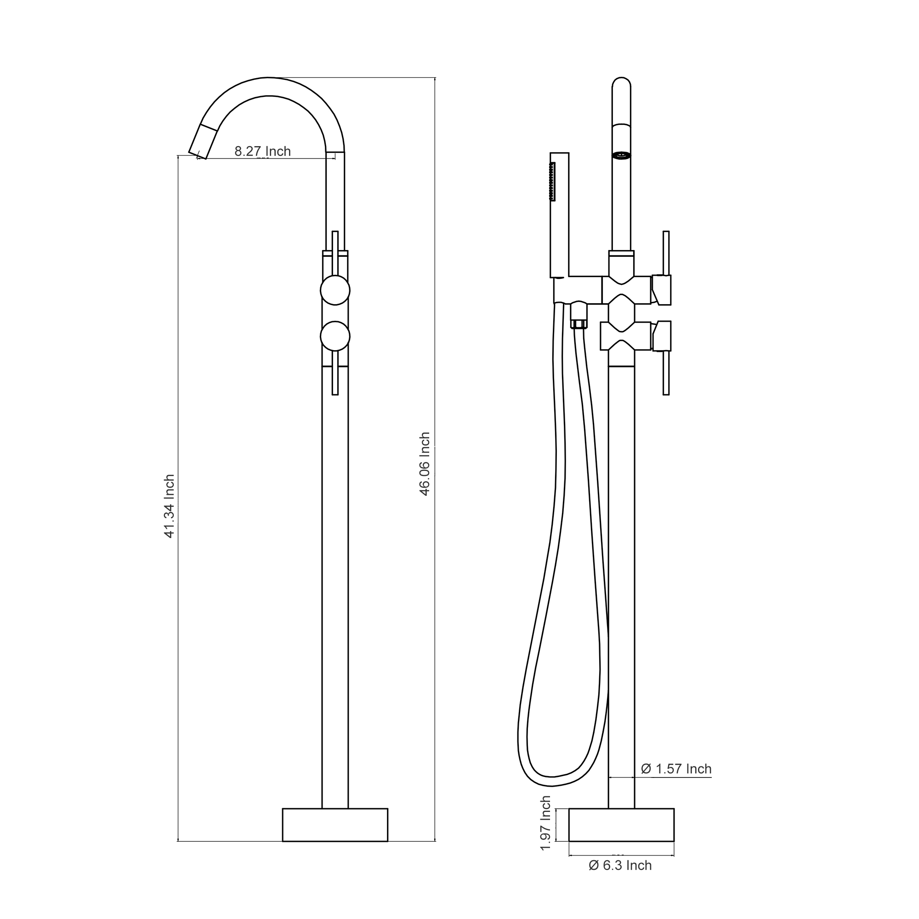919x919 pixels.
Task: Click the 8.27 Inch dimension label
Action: (262, 151)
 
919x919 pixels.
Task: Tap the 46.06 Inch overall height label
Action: (425, 464)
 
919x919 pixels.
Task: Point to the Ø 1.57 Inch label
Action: (676, 769)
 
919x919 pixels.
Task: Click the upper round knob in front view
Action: (335, 289)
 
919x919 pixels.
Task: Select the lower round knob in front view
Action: (335, 336)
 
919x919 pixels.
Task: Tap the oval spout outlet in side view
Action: (621, 154)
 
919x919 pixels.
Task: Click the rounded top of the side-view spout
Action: (621, 83)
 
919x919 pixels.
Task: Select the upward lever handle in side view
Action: (666, 253)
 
